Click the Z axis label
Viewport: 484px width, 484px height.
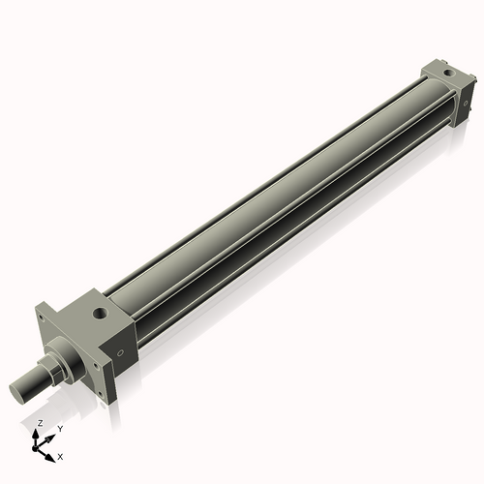(x=40, y=424)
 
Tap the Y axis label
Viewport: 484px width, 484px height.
(x=59, y=428)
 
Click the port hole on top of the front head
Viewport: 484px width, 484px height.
(x=99, y=315)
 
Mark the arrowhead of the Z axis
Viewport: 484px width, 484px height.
(x=40, y=431)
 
